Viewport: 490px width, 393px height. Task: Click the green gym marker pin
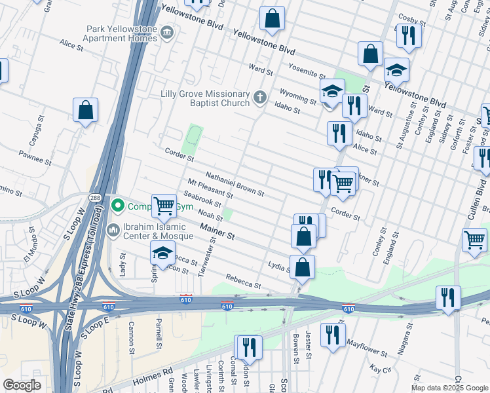pyautogui.click(x=118, y=206)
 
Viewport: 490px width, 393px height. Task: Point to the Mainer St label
pyautogui.click(x=217, y=233)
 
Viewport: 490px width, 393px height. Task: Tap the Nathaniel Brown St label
pyautogui.click(x=235, y=185)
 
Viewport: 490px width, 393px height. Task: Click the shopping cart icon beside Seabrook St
pyautogui.click(x=164, y=206)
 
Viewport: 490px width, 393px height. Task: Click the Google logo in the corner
pyautogui.click(x=22, y=385)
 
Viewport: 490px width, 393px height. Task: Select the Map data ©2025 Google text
pyautogui.click(x=449, y=388)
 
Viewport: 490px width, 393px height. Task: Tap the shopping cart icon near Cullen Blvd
pyautogui.click(x=474, y=239)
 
